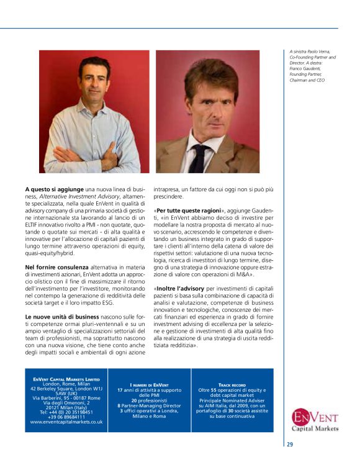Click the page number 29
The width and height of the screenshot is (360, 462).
click(x=290, y=444)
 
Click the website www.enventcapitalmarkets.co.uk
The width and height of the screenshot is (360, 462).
click(x=66, y=422)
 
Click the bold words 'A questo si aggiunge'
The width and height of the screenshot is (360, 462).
click(x=47, y=188)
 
